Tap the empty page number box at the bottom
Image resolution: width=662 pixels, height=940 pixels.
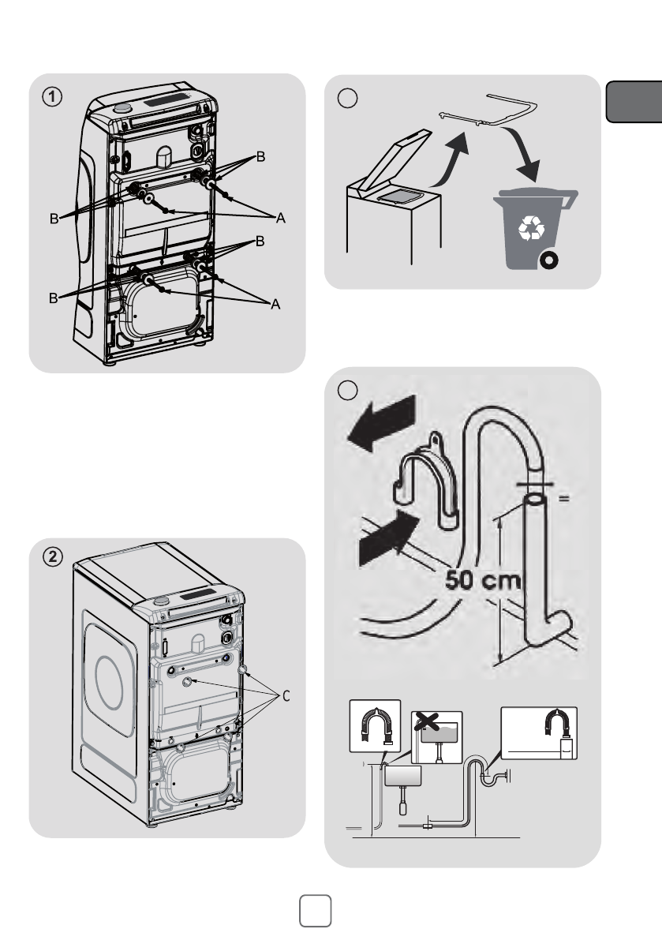point(316,911)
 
